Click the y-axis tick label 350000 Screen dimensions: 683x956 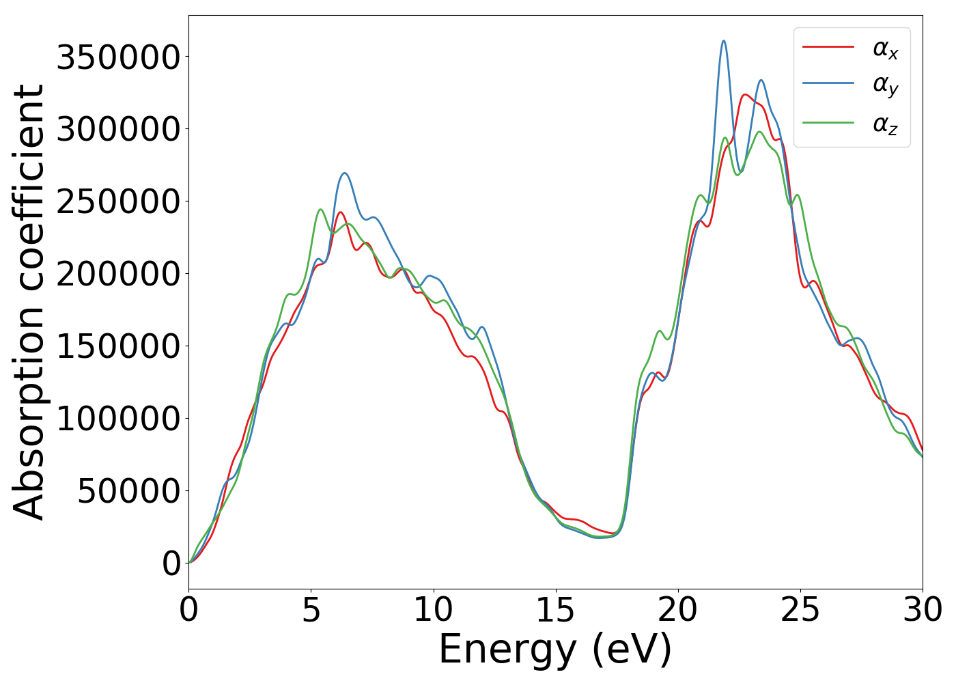tap(117, 57)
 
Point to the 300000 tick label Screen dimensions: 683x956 tap(117, 129)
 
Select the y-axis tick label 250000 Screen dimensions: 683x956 tap(117, 201)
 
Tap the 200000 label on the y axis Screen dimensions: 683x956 tap(117, 274)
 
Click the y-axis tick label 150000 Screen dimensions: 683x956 tap(117, 346)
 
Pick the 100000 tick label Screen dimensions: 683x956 tap(117, 419)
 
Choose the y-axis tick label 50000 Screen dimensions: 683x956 tap(128, 491)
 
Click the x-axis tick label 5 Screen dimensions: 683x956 tap(311, 610)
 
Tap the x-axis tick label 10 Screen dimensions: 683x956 tap(433, 610)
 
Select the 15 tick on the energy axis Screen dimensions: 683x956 tap(555, 610)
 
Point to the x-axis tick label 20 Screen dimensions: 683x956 tap(677, 610)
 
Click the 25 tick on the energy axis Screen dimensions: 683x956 tap(800, 610)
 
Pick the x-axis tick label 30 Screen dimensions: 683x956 tap(922, 610)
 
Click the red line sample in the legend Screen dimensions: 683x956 tap(828, 47)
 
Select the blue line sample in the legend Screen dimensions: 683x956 tap(828, 83)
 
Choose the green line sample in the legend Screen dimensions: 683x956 tap(828, 123)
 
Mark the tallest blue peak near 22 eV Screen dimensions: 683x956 tap(724, 41)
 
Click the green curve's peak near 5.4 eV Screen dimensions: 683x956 tap(320, 210)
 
